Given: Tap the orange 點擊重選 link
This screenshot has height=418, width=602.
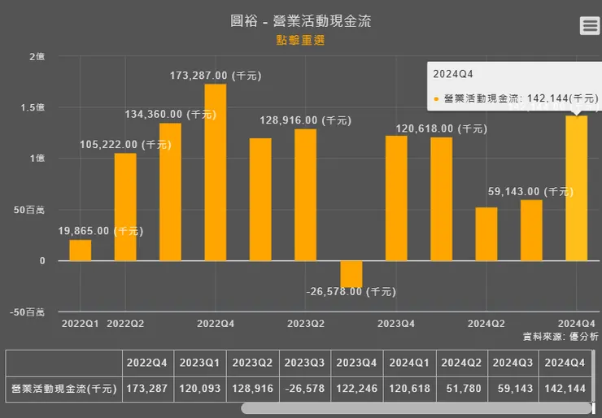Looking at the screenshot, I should click(x=300, y=40).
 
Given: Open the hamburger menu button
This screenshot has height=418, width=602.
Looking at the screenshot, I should click(x=590, y=25).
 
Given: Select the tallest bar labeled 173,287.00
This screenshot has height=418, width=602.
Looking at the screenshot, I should click(x=216, y=172).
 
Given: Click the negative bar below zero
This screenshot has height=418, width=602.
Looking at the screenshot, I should click(x=351, y=274).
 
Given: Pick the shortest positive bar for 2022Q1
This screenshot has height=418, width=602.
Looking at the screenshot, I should click(x=81, y=250).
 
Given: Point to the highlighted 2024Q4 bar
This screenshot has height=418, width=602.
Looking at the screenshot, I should click(x=576, y=188).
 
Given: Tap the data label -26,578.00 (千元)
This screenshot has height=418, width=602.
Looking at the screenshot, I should click(x=351, y=291).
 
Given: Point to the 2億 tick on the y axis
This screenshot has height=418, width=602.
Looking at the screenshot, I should click(x=36, y=56).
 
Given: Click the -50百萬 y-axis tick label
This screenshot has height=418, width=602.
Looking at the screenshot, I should click(x=28, y=311).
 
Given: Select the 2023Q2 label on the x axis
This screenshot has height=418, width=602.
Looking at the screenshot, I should click(x=306, y=323).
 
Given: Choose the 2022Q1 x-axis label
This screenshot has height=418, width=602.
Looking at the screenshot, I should click(x=80, y=323).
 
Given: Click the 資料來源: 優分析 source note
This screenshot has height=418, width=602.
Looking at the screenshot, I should click(x=560, y=336).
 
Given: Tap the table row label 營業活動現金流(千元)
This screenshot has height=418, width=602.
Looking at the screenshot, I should click(x=63, y=389).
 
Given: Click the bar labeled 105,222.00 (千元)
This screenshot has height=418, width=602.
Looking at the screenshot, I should click(x=125, y=207).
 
